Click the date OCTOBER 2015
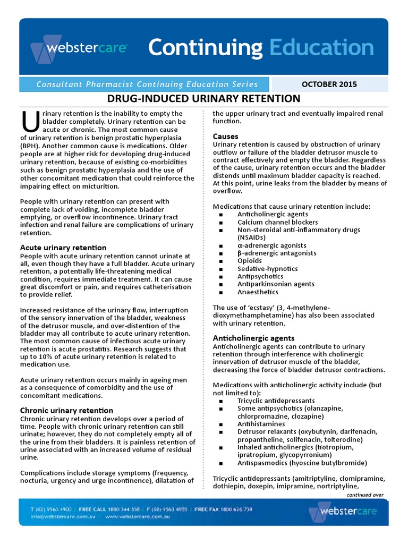(x=329, y=84)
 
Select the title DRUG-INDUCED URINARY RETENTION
(x=204, y=99)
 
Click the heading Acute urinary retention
(x=63, y=248)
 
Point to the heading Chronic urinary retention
(x=66, y=410)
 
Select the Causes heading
(x=226, y=137)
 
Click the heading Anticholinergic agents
(x=253, y=338)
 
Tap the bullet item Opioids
(x=250, y=261)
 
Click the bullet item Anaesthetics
(x=258, y=292)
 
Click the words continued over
(x=364, y=495)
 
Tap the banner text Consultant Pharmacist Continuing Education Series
(x=147, y=84)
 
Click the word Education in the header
(x=321, y=48)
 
